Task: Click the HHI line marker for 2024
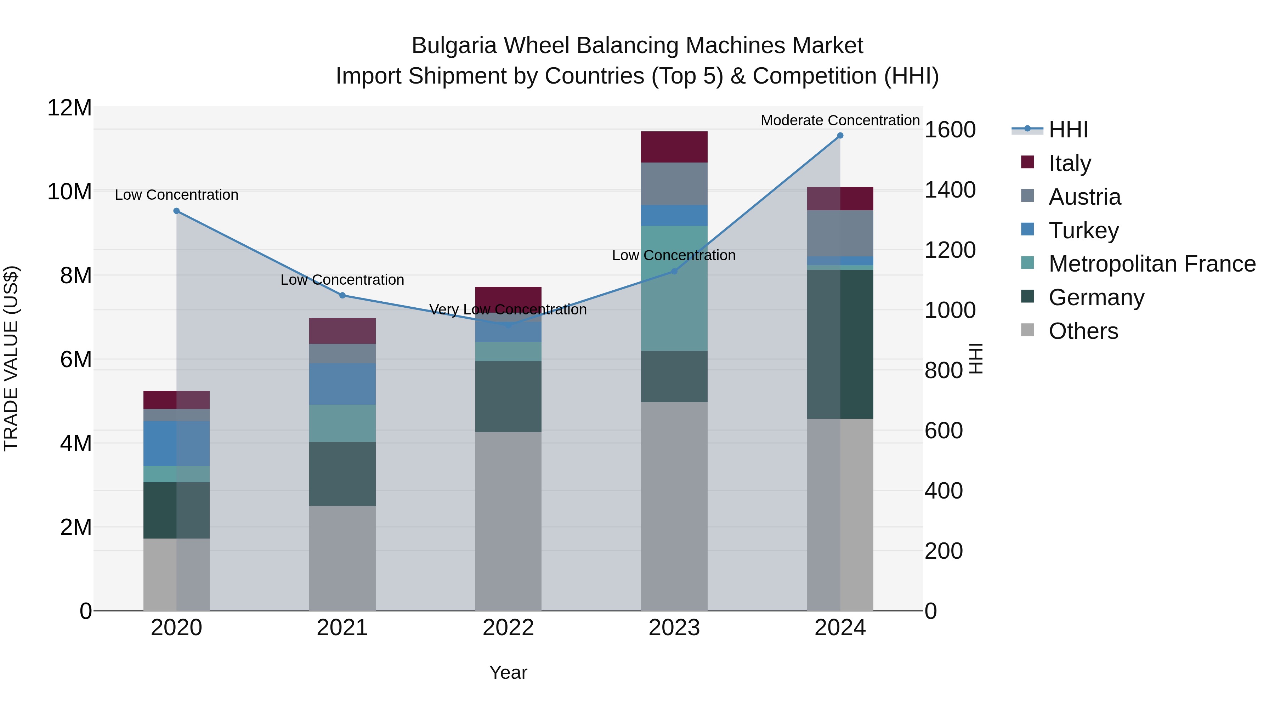(840, 136)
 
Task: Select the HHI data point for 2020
(177, 211)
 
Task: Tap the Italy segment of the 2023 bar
(674, 147)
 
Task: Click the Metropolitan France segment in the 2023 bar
(674, 289)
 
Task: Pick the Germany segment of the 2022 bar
(508, 396)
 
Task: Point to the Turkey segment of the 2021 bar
(342, 384)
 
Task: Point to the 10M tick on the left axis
(69, 192)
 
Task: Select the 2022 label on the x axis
(508, 628)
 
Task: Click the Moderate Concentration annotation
(840, 120)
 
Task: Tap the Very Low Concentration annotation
(508, 310)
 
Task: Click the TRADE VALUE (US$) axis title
(11, 358)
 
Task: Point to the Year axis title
(508, 672)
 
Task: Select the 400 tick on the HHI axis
(943, 491)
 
